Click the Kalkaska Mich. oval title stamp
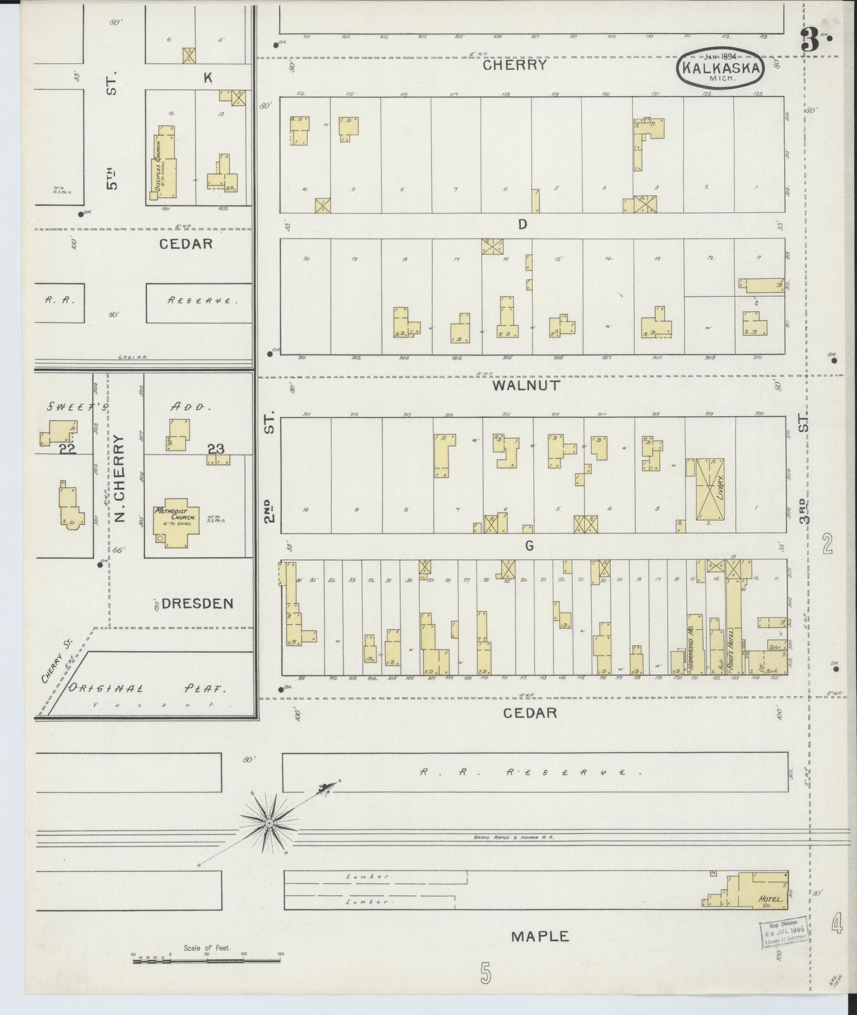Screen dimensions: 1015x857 [x=721, y=68]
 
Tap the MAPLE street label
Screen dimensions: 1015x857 [x=540, y=937]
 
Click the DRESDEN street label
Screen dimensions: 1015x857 [x=197, y=604]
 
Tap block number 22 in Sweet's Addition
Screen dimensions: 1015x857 [x=68, y=449]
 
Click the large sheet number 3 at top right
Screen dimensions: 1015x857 [x=809, y=40]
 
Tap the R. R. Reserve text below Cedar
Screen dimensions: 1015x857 [x=531, y=773]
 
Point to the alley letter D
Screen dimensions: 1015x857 [x=523, y=224]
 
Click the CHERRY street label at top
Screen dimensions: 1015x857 [x=514, y=65]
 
